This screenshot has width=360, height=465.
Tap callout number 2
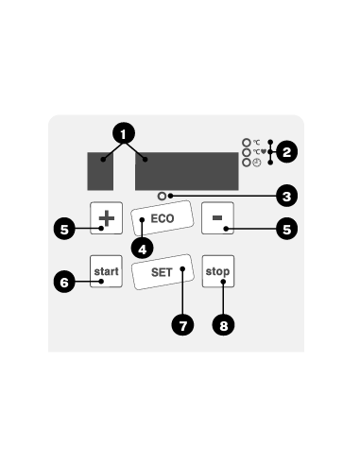285,149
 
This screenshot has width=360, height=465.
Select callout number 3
285,197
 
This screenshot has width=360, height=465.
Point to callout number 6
63,281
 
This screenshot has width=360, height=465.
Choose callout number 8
224,324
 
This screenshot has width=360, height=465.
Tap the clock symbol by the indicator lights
257,163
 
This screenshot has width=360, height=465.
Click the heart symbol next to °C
262,151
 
